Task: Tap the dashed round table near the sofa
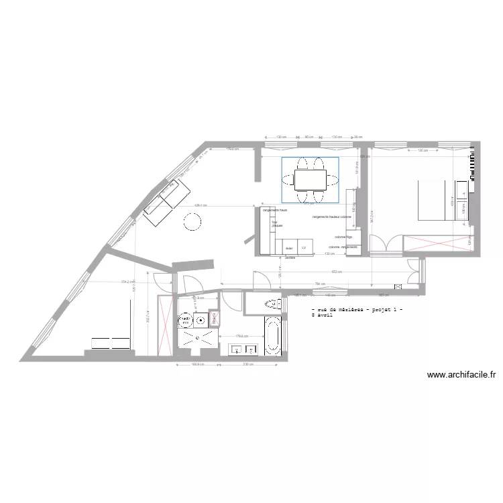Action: [192, 221]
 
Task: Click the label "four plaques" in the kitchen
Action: [277, 225]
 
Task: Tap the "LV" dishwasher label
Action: [304, 248]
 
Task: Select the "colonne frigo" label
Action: [345, 237]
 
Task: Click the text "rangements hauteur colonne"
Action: [331, 217]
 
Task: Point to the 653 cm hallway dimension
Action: [337, 272]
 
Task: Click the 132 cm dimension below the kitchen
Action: [329, 254]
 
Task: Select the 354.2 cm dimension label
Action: [128, 282]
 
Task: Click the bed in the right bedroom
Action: [433, 199]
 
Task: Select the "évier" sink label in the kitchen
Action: [289, 248]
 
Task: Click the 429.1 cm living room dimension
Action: [200, 205]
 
